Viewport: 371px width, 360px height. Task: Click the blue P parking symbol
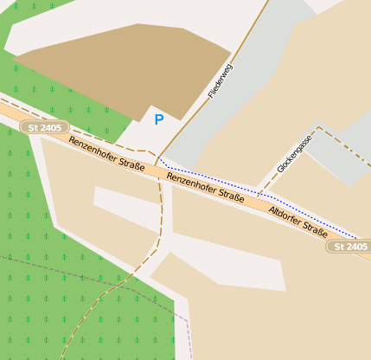click(x=158, y=119)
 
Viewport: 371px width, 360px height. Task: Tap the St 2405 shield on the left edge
click(x=45, y=127)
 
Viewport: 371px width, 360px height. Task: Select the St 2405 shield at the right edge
click(x=349, y=247)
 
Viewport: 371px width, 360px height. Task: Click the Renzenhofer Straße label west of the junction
click(x=106, y=152)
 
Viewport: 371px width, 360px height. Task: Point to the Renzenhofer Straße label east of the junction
click(x=205, y=187)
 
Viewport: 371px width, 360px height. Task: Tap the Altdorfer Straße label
click(x=298, y=222)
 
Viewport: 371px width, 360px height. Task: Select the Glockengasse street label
click(x=294, y=153)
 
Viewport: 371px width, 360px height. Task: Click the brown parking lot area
click(x=112, y=69)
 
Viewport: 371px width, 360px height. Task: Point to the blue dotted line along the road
click(x=259, y=191)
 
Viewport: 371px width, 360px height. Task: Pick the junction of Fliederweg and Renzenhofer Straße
click(x=158, y=159)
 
